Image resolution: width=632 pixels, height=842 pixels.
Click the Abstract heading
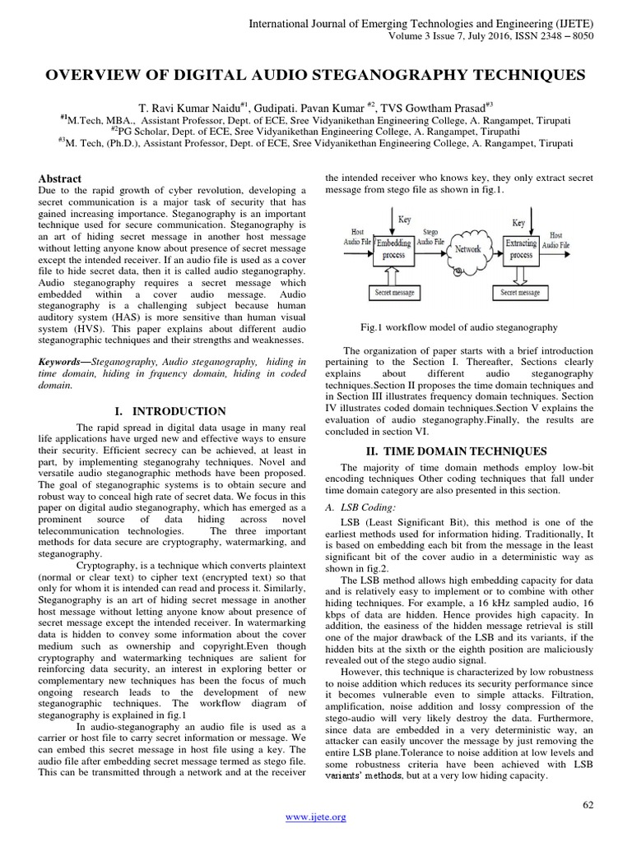62,178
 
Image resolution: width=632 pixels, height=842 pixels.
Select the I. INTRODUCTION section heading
179,411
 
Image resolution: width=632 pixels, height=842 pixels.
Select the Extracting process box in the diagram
520,249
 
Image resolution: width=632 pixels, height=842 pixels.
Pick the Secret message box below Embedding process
394,292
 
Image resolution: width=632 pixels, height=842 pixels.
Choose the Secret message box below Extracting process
520,292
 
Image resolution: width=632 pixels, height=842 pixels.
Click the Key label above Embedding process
405,220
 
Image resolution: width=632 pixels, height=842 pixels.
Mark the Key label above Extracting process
518,223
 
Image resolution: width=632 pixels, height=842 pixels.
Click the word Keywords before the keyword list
63,361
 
